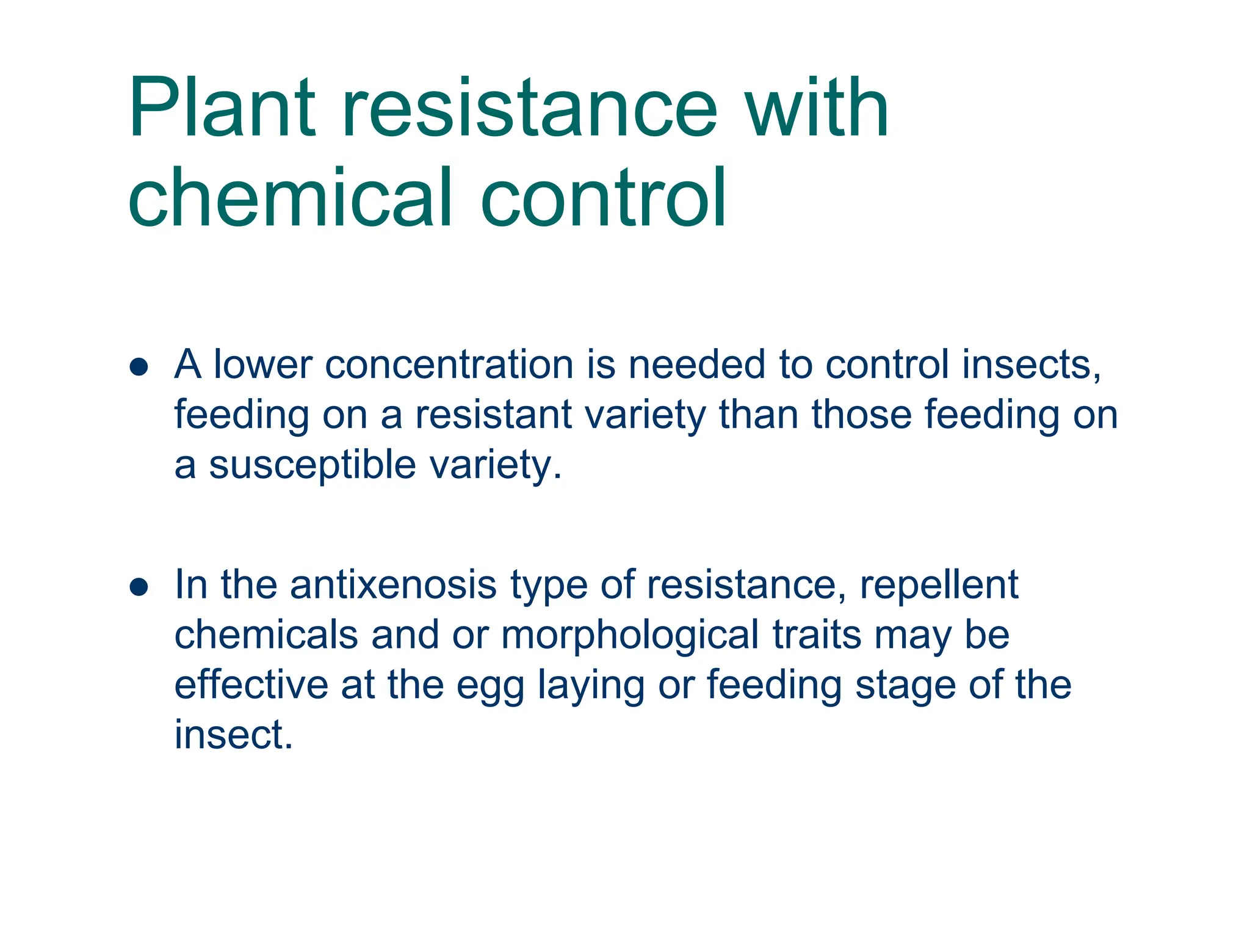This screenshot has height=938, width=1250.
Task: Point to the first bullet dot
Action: [139, 366]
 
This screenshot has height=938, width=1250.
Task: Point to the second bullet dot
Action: [139, 587]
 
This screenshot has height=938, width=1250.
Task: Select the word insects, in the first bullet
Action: [1031, 365]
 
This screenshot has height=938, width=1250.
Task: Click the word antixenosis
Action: [393, 584]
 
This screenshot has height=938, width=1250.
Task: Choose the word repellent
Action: [939, 584]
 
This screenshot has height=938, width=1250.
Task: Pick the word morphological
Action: [630, 634]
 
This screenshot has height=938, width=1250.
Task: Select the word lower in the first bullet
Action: [262, 365]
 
